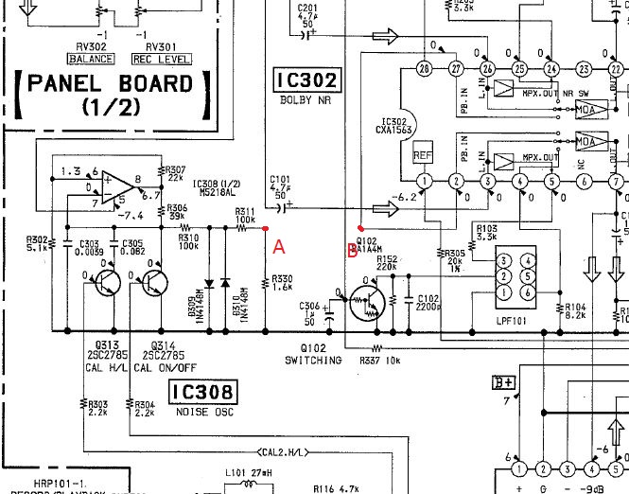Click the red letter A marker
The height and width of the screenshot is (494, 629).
[x=278, y=247]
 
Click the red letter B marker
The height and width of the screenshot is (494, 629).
[x=353, y=251]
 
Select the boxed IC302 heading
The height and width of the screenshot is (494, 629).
[x=306, y=79]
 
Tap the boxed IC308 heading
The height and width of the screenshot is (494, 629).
[x=201, y=391]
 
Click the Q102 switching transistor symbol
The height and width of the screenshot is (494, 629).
[x=364, y=304]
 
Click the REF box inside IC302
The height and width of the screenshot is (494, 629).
[x=424, y=152]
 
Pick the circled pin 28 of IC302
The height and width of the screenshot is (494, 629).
[x=424, y=68]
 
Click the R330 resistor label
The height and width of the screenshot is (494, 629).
[x=283, y=282]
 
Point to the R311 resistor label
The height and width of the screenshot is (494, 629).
[x=245, y=215]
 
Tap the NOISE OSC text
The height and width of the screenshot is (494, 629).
[x=201, y=413]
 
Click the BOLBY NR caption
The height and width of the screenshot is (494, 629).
[x=305, y=100]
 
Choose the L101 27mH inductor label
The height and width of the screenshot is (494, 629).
[x=249, y=472]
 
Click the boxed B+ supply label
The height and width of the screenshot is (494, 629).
[x=503, y=382]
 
